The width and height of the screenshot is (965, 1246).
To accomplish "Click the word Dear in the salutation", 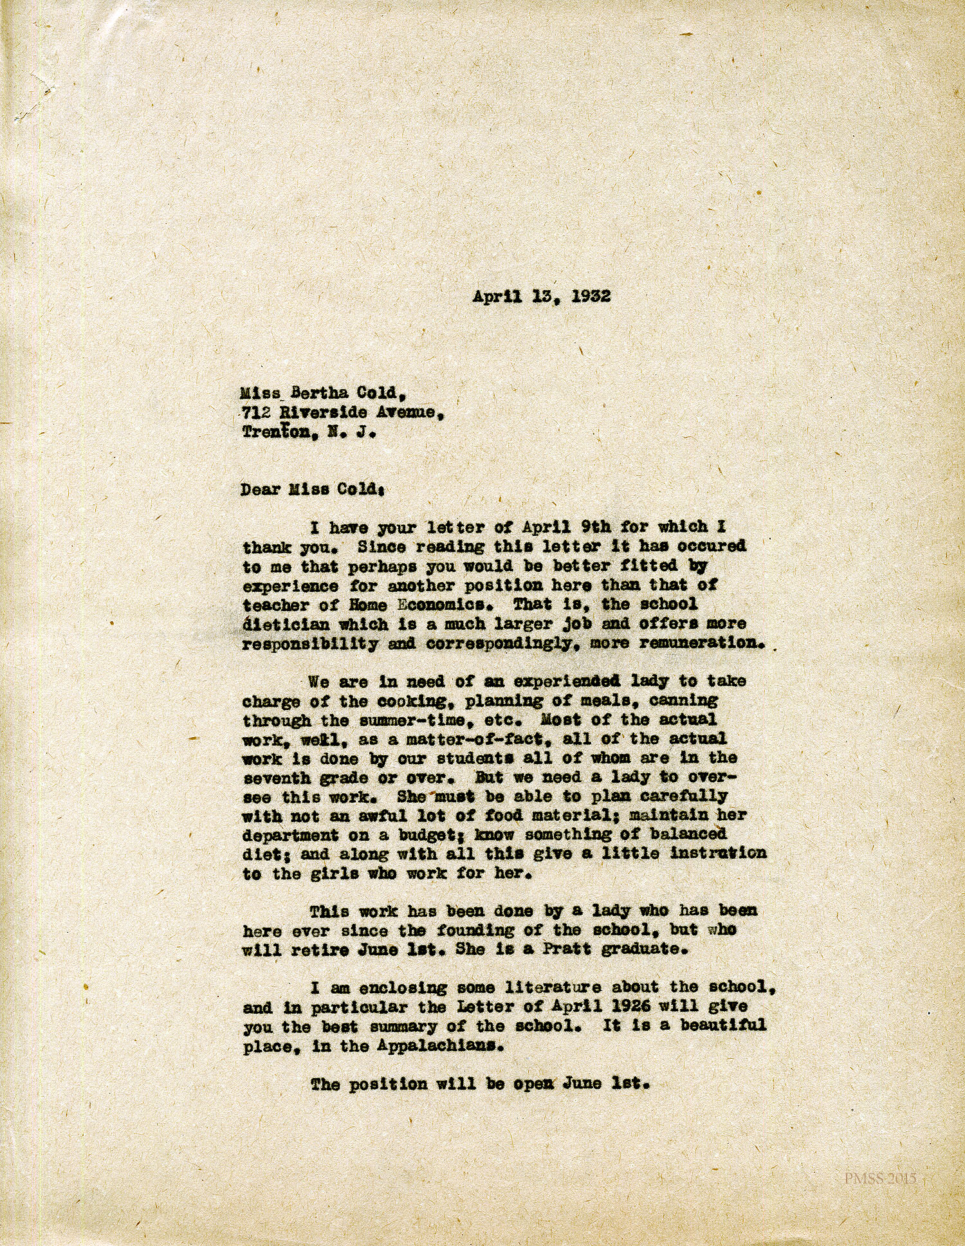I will pos(261,490).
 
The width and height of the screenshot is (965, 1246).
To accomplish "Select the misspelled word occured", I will pos(713,547).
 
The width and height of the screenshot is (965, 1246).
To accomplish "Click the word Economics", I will pos(448,605).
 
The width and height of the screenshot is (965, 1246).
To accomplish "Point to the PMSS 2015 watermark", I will pos(879,1179).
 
